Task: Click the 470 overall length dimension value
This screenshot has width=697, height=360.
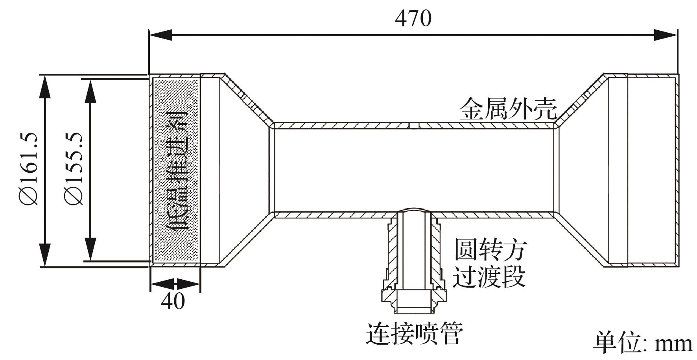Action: [413, 18]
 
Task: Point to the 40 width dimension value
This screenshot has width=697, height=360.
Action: [173, 302]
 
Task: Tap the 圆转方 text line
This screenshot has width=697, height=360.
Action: [490, 249]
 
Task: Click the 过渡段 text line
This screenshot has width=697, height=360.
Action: [490, 276]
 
